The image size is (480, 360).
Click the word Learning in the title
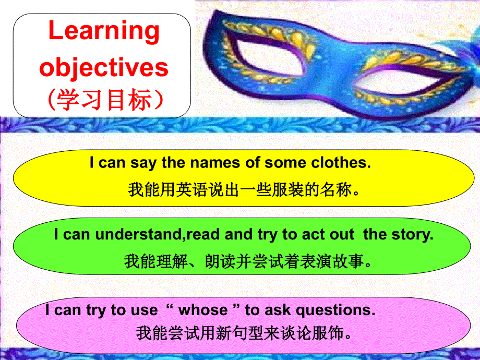point(104,31)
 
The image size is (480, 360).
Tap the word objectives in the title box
point(104,68)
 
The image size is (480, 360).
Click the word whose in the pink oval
point(203,310)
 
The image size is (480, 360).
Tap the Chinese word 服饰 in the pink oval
point(333,332)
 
